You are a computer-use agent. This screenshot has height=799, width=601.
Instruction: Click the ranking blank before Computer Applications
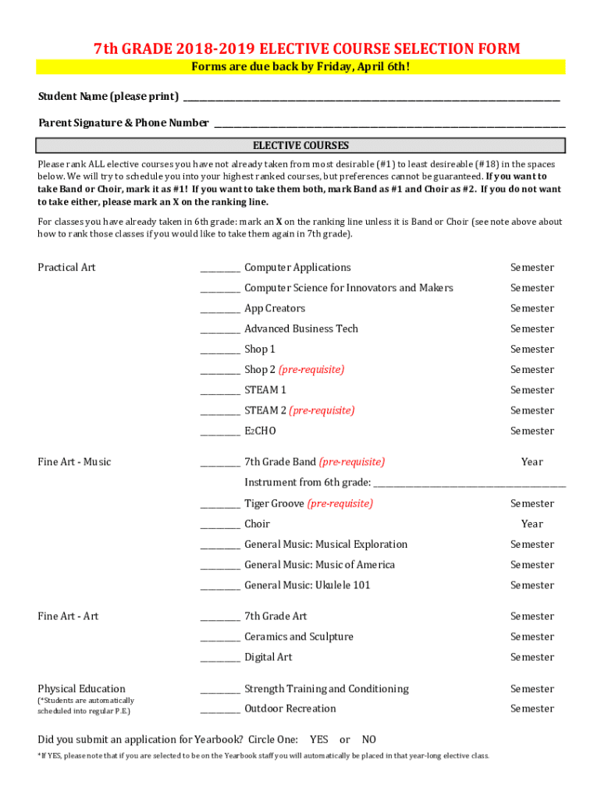(x=220, y=268)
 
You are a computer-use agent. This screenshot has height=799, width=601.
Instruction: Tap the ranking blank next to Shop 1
(x=220, y=350)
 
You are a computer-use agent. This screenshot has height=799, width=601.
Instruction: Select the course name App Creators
(x=275, y=309)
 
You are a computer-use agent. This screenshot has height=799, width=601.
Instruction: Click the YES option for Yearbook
(x=318, y=740)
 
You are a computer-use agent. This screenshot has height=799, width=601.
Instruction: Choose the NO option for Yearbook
(x=369, y=740)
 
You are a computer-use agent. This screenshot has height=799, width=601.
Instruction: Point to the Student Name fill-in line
(x=371, y=98)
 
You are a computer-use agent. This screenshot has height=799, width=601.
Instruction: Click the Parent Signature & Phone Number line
(x=389, y=124)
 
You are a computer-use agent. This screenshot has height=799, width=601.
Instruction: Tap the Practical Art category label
(x=66, y=268)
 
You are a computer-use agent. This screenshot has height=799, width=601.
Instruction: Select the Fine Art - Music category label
(x=74, y=462)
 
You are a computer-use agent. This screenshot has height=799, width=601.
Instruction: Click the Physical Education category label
(x=81, y=689)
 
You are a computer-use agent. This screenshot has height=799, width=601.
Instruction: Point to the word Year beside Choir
(x=532, y=524)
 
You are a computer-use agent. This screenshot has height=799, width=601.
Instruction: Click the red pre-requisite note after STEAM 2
(x=322, y=410)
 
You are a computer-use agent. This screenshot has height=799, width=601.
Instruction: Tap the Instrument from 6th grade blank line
(x=469, y=484)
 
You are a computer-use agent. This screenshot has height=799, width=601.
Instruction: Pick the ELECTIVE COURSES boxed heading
(x=300, y=146)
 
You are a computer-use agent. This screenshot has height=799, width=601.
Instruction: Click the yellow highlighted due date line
(x=300, y=67)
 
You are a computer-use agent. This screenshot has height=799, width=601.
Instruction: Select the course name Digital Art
(x=268, y=658)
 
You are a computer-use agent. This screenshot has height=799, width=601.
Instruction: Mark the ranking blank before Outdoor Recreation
(x=220, y=710)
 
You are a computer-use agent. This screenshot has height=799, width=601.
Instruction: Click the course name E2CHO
(x=260, y=431)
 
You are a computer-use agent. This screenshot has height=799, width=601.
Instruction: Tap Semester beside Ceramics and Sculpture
(x=532, y=637)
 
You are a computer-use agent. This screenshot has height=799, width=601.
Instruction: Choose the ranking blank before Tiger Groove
(x=220, y=505)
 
